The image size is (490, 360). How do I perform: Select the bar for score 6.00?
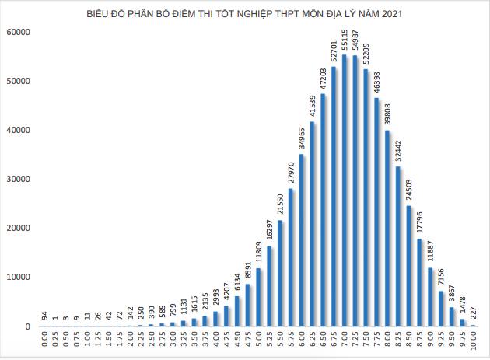[302, 240]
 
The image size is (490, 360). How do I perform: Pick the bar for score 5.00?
[259, 297]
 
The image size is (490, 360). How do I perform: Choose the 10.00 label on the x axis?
[473, 341]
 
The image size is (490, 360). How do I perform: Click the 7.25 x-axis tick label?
[355, 340]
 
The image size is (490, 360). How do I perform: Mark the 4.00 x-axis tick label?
[216, 340]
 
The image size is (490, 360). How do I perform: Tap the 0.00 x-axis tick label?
[45, 340]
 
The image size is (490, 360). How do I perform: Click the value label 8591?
[248, 269]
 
